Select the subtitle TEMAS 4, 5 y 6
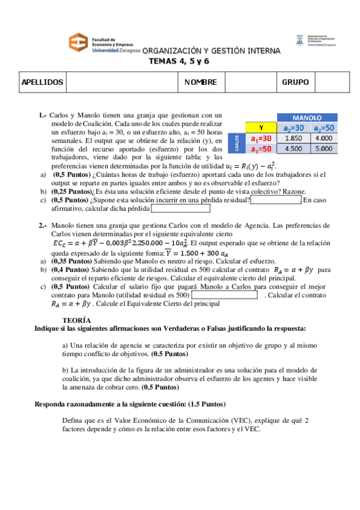[x=179, y=61]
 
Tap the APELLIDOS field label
[x=42, y=82]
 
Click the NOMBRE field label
[x=201, y=82]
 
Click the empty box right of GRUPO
[x=331, y=82]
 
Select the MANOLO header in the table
[x=306, y=118]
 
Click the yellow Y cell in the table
[x=261, y=127]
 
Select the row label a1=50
[x=261, y=149]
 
